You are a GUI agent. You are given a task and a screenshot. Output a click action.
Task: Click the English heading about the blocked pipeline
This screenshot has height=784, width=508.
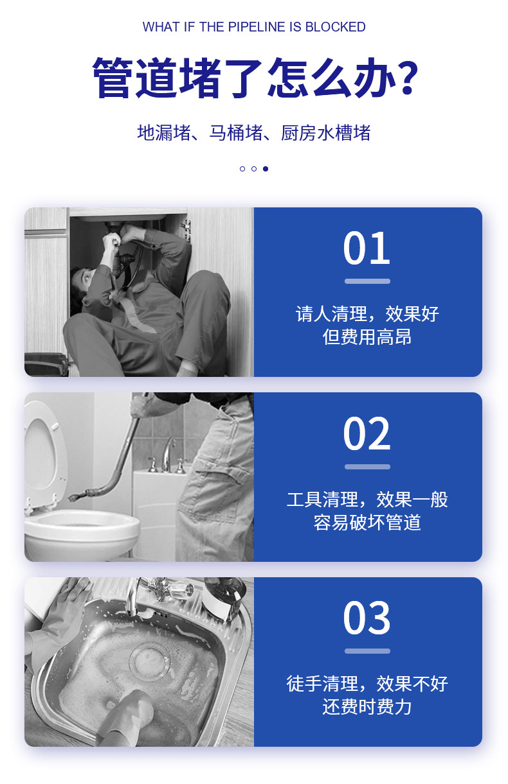(x=254, y=27)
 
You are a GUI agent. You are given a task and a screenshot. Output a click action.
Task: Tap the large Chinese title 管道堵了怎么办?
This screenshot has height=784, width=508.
(x=254, y=78)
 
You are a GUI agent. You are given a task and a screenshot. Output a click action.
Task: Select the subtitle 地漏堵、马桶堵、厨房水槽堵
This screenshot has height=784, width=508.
(x=254, y=132)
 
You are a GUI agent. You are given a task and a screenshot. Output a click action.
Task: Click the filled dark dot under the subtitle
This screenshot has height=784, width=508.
(x=266, y=169)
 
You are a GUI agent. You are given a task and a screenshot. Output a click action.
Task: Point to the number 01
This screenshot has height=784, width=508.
(x=367, y=248)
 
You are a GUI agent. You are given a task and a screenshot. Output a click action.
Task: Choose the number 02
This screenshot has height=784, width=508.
(x=367, y=434)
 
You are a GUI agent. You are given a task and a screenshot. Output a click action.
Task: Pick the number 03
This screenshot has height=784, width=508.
(x=367, y=618)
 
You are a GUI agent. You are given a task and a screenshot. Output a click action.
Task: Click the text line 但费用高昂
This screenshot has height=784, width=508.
(x=367, y=337)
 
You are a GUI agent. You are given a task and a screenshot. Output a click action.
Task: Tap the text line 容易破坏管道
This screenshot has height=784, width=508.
(x=367, y=522)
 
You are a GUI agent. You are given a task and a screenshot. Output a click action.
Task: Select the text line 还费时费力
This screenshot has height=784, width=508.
(x=367, y=707)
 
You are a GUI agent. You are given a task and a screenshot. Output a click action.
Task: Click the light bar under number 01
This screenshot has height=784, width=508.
(x=367, y=281)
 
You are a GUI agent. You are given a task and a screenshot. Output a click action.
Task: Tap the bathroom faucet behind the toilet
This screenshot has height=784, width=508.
(x=168, y=453)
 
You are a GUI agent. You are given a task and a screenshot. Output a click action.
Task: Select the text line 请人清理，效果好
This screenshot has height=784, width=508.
(x=367, y=314)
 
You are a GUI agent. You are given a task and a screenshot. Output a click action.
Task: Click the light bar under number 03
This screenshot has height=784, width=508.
(x=367, y=651)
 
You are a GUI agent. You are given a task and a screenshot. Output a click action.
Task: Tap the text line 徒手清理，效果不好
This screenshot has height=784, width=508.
(x=367, y=683)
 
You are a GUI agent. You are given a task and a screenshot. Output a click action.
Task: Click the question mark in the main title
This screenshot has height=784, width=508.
(x=404, y=78)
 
